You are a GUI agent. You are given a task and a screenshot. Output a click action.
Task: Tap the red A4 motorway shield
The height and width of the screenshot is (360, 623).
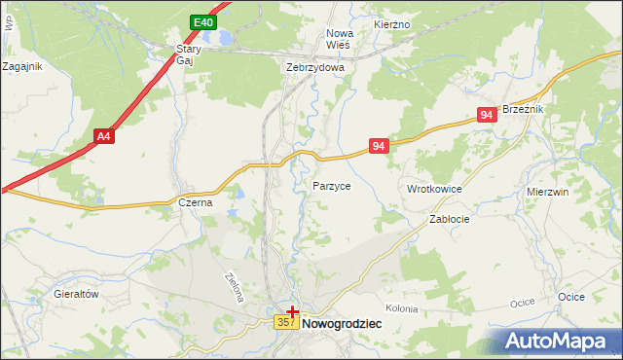pyautogui.click(x=104, y=137)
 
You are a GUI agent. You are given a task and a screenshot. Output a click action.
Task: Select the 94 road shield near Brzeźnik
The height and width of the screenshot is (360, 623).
pyautogui.click(x=488, y=115)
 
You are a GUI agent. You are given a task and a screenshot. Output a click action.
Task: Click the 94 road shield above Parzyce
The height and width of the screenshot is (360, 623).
pyautogui.click(x=380, y=146)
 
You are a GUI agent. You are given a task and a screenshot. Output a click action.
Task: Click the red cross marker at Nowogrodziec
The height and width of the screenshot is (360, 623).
pyautogui.click(x=293, y=311)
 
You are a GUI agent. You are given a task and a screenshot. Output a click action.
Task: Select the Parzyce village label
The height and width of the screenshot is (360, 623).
pyautogui.click(x=332, y=185)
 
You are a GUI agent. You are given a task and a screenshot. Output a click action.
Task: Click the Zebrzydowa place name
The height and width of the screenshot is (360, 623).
pyautogui.click(x=315, y=68)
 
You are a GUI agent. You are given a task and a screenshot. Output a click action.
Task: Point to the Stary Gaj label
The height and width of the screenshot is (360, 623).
pyautogui.click(x=187, y=54)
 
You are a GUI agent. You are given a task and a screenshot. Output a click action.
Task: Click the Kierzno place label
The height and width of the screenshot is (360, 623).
pyautogui.click(x=392, y=22)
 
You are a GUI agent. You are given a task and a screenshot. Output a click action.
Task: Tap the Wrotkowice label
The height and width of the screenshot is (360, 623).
pyautogui.click(x=434, y=188)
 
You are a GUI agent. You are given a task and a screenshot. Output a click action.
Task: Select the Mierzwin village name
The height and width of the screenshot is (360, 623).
pyautogui.click(x=547, y=193)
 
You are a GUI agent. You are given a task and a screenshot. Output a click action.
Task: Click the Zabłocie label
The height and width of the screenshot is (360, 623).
pyautogui.click(x=450, y=220)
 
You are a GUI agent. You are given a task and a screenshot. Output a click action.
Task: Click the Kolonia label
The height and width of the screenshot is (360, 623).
pyautogui.click(x=401, y=308)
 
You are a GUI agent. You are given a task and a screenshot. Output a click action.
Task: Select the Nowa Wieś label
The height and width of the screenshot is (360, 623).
pyautogui.click(x=339, y=38)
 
